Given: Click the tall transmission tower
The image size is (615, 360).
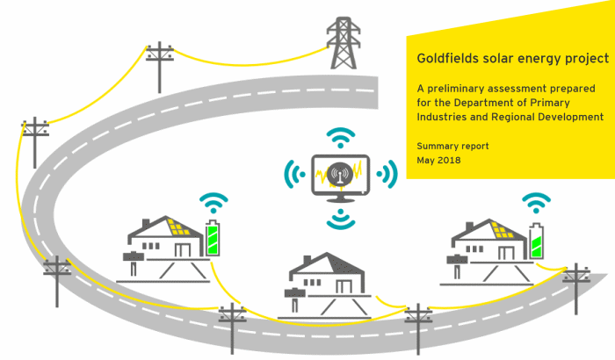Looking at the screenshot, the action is [344, 43].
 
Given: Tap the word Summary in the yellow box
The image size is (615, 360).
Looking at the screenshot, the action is [436, 147].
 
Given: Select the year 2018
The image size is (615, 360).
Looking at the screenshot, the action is [449, 161].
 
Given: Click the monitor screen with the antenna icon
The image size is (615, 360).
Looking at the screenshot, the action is [341, 176].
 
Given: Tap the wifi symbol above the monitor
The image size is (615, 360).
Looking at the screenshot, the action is [341, 138].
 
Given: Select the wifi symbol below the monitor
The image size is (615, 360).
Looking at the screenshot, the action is [341, 220].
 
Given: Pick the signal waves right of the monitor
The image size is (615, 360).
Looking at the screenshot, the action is [387, 174].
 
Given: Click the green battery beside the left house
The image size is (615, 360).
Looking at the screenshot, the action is [213, 238].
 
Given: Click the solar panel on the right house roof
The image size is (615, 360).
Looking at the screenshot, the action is [502, 230].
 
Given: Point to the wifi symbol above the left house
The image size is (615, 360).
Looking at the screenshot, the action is [213, 203].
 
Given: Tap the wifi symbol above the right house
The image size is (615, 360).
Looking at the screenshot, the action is [536, 203].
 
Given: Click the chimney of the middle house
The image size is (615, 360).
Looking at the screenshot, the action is [307, 261].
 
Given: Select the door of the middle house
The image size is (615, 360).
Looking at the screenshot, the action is [344, 286].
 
